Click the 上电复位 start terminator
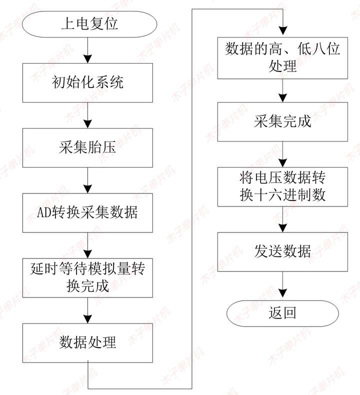(x=87, y=23)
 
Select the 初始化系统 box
(x=87, y=82)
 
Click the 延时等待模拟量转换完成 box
(x=87, y=277)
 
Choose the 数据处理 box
(x=87, y=342)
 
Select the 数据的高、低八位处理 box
(x=283, y=57)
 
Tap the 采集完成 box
(x=283, y=121)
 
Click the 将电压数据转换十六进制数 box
(x=283, y=186)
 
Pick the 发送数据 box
(x=283, y=250)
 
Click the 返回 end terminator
(x=283, y=313)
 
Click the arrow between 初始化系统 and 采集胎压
(x=87, y=114)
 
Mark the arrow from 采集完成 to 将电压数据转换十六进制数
(x=283, y=154)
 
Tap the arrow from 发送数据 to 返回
(x=283, y=283)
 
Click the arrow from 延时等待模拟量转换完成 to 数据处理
(x=87, y=310)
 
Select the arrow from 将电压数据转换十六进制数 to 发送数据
(x=283, y=218)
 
